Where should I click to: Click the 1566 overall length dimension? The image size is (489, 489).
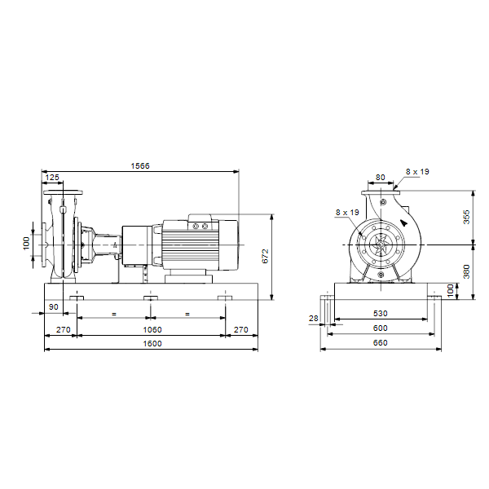click(x=140, y=166)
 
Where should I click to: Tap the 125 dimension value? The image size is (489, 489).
click(x=52, y=178)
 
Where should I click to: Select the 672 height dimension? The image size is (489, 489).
click(x=265, y=256)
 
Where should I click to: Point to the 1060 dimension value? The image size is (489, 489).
click(x=152, y=329)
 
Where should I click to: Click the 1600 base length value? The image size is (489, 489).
click(x=152, y=344)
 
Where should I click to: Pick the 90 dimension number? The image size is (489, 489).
click(x=54, y=307)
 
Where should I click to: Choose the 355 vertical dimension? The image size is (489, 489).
click(x=466, y=217)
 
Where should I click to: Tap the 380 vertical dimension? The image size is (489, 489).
click(x=466, y=271)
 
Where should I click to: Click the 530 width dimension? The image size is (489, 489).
click(x=380, y=314)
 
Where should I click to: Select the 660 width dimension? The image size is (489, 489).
click(x=380, y=343)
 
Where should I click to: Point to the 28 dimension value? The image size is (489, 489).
click(x=314, y=318)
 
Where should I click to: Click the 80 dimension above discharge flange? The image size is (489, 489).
click(x=380, y=177)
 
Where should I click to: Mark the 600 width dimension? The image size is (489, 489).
click(x=380, y=328)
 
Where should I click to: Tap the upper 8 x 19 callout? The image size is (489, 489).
click(x=417, y=171)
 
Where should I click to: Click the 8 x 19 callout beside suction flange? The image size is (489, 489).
click(x=347, y=213)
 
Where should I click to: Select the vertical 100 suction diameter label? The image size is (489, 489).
click(x=26, y=243)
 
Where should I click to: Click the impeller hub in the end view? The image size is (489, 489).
click(x=381, y=244)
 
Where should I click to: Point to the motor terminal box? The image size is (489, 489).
click(x=200, y=222)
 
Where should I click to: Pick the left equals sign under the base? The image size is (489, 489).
click(x=114, y=314)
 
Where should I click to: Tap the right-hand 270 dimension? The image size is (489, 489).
click(x=241, y=329)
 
